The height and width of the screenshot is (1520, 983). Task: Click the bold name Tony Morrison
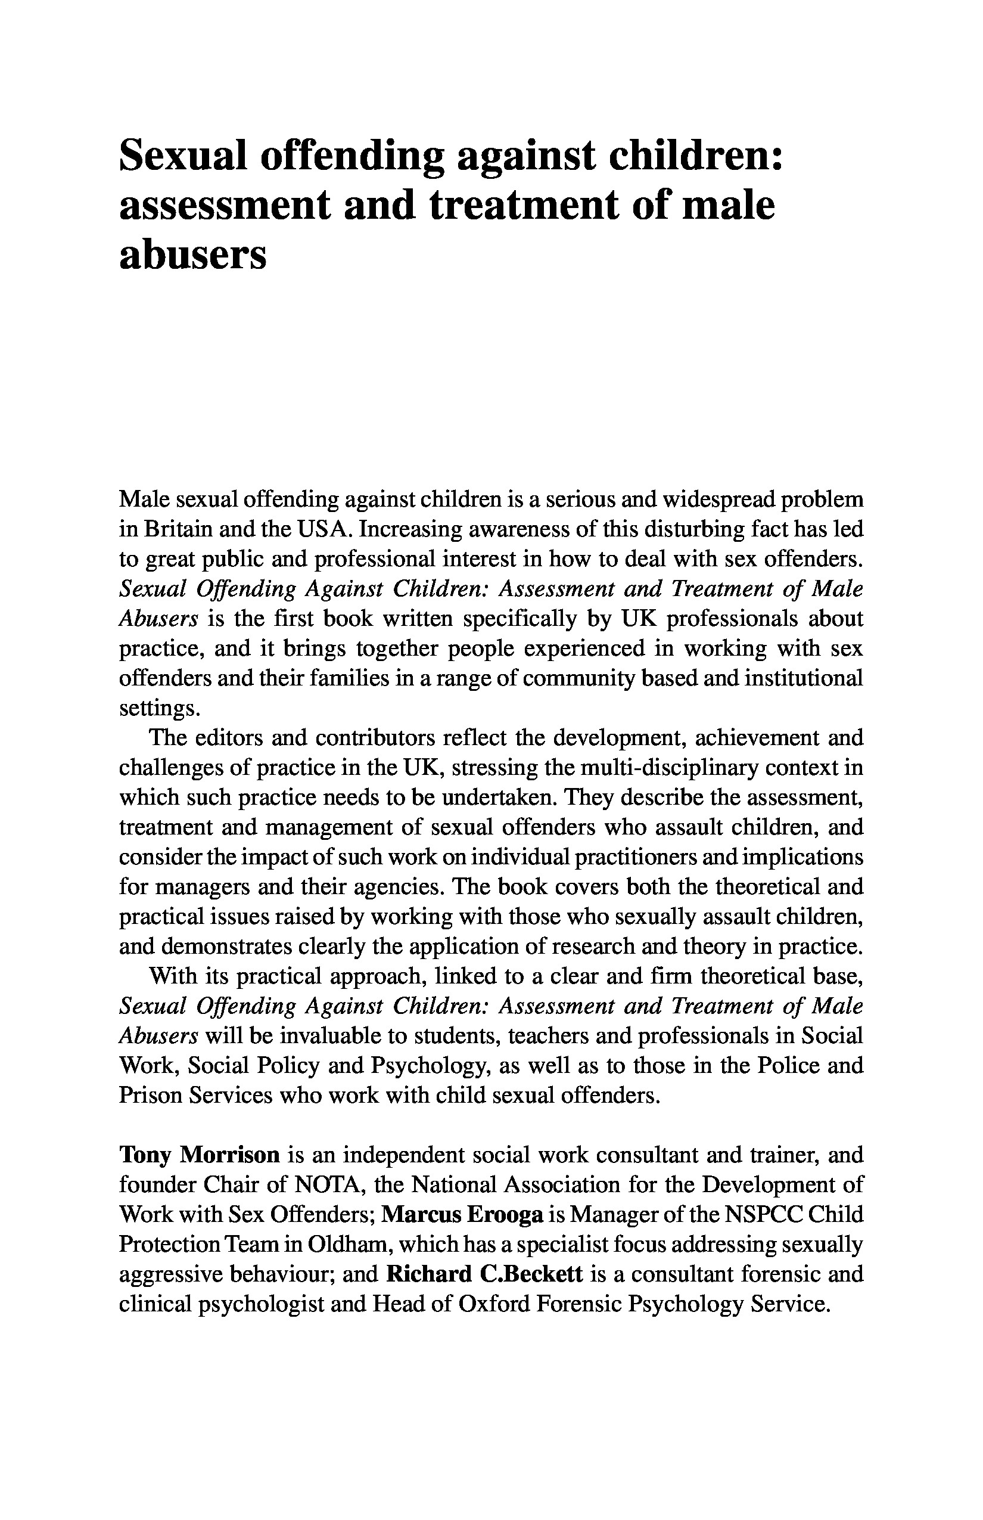pyautogui.click(x=199, y=1155)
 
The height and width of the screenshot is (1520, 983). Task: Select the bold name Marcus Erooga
pyautogui.click(x=462, y=1215)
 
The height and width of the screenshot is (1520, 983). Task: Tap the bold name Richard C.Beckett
pyautogui.click(x=484, y=1275)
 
